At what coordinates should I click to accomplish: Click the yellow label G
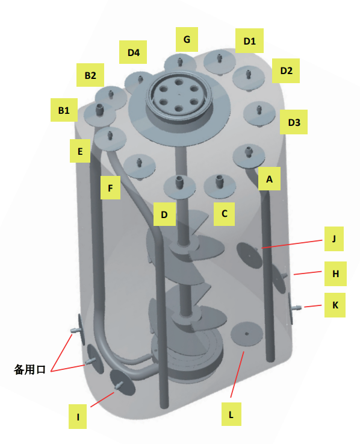tap(187, 39)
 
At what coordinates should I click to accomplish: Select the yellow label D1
tap(249, 40)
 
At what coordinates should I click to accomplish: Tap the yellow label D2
tap(286, 71)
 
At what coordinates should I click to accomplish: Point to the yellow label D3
tap(294, 122)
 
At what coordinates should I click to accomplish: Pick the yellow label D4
tap(133, 52)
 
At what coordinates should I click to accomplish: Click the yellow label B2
tap(90, 75)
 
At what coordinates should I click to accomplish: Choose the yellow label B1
tap(64, 110)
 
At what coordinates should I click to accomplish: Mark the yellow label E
tap(80, 151)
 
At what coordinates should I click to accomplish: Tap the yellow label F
tap(110, 187)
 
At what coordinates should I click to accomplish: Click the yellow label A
tap(270, 179)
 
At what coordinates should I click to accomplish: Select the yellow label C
tap(224, 214)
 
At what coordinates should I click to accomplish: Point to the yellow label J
tap(334, 239)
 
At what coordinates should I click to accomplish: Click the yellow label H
tap(335, 274)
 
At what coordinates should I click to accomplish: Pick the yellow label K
tap(335, 305)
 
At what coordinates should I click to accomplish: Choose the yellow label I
tap(78, 416)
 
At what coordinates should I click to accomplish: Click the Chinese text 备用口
tap(29, 369)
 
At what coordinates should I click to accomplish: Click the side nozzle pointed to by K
tap(297, 307)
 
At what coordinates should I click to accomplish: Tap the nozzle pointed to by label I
tap(119, 385)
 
